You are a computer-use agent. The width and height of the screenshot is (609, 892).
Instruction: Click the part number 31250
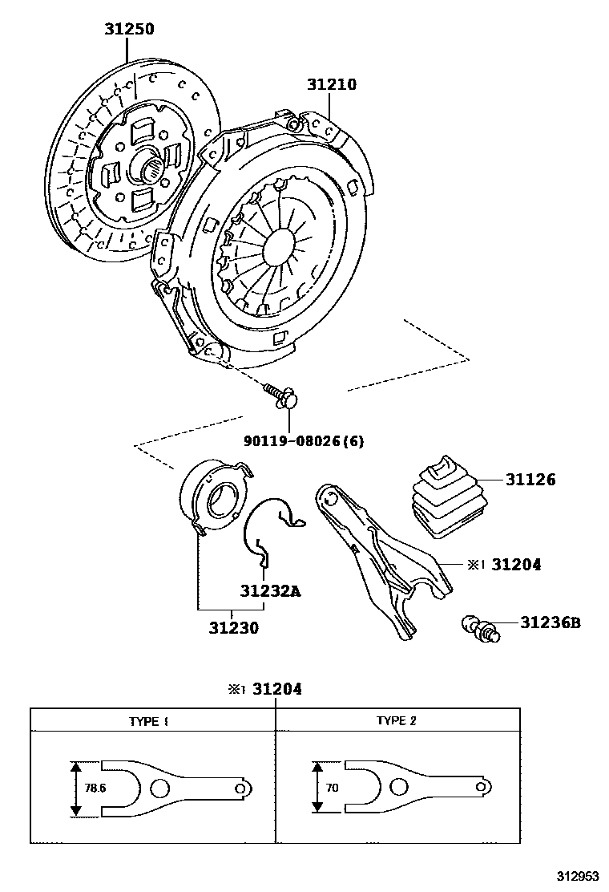[x=128, y=30]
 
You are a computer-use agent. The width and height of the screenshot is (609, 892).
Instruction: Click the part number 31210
[x=331, y=84]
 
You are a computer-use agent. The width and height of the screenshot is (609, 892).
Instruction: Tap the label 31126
[x=530, y=480]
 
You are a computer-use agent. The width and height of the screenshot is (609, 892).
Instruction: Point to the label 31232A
[x=270, y=591]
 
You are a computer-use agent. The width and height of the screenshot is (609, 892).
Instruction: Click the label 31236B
[x=550, y=622]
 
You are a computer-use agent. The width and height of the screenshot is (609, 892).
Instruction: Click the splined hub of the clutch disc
[x=151, y=170]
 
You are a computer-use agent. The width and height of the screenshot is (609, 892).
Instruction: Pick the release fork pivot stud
[x=480, y=628]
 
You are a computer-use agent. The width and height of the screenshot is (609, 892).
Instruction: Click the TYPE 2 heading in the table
[x=397, y=720]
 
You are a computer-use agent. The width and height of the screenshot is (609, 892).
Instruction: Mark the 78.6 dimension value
[x=95, y=788]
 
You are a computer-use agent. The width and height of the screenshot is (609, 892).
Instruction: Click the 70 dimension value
[x=332, y=788]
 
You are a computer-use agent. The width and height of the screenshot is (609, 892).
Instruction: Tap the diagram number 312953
[x=579, y=877]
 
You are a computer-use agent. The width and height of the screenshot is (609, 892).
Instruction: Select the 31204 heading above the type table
[x=276, y=688]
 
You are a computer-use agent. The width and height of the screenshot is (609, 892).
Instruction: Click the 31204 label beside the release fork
[x=515, y=565]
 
